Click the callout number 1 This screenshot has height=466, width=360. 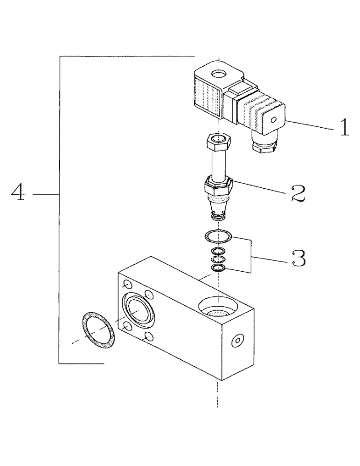344,127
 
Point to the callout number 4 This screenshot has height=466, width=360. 18,192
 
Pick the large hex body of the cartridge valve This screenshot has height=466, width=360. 217,189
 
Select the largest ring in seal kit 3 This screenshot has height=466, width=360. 218,237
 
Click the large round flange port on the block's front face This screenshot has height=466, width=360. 138,309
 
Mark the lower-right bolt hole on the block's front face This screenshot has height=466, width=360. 148,336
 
